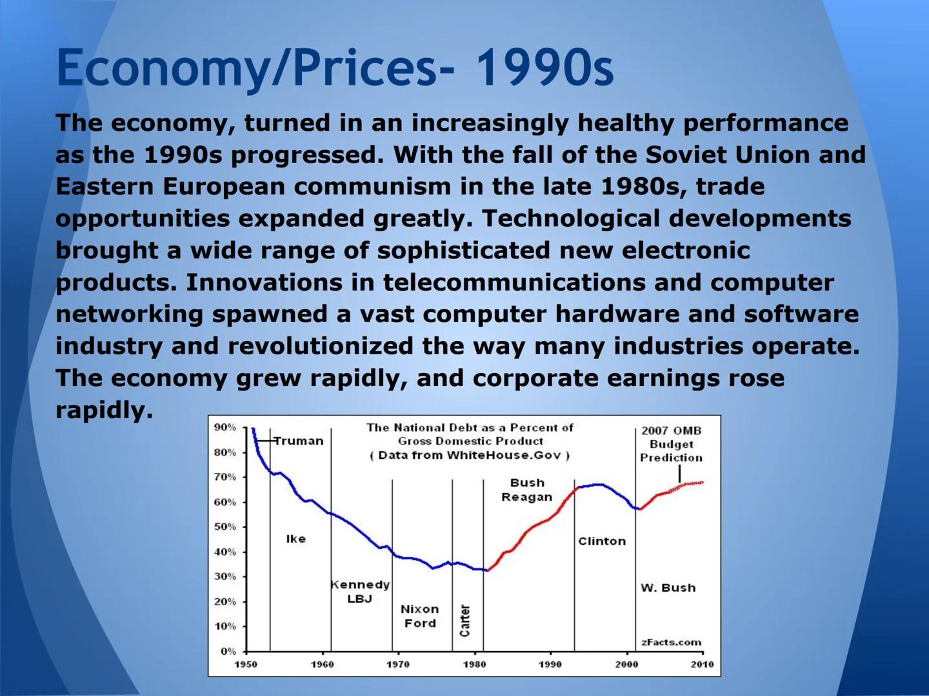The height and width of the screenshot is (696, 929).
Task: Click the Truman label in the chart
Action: pyautogui.click(x=299, y=441)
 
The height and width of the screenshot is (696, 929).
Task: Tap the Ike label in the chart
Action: pyautogui.click(x=296, y=539)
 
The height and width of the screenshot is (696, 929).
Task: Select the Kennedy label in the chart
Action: pyautogui.click(x=360, y=585)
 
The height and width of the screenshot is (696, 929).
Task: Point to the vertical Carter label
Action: pyautogui.click(x=464, y=621)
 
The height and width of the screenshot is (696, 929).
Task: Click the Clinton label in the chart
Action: pyautogui.click(x=602, y=541)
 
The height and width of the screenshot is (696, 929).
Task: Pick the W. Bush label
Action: pyautogui.click(x=668, y=588)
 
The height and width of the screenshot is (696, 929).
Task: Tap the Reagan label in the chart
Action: pyautogui.click(x=527, y=498)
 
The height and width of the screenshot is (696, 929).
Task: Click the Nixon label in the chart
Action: pyautogui.click(x=420, y=610)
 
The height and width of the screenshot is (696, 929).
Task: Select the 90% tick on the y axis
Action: pyautogui.click(x=225, y=427)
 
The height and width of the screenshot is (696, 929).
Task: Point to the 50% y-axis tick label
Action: pyautogui.click(x=225, y=527)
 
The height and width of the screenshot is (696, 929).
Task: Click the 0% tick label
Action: pyautogui.click(x=228, y=651)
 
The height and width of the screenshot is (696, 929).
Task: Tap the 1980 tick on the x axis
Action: pyautogui.click(x=474, y=664)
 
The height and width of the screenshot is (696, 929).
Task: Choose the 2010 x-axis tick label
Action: pyautogui.click(x=703, y=664)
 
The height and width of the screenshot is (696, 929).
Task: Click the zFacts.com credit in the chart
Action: pyautogui.click(x=671, y=643)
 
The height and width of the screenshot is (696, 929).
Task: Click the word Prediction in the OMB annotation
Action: pyautogui.click(x=671, y=458)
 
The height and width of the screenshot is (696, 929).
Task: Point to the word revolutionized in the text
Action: pyautogui.click(x=321, y=346)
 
